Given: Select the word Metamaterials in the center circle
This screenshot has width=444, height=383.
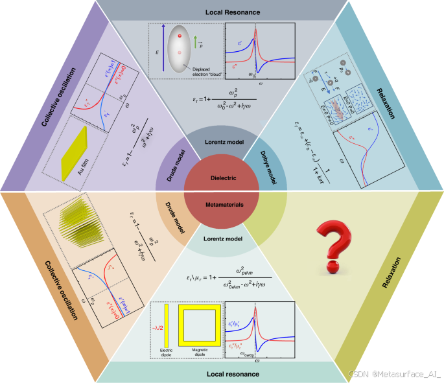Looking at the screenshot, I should (222, 203).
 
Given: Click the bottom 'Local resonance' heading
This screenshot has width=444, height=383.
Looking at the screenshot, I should (222, 374).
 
